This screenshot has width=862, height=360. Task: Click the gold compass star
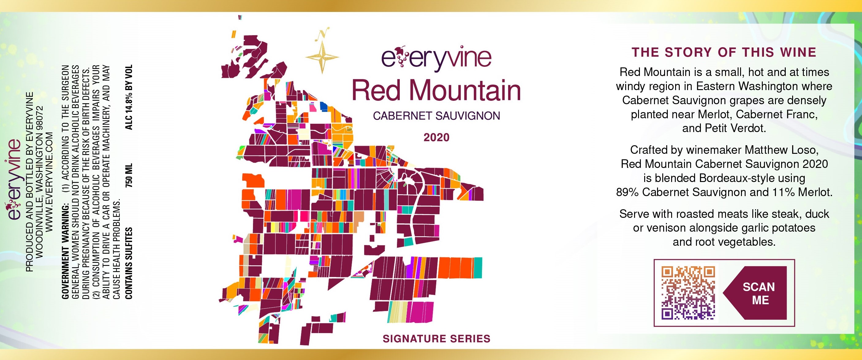[322, 57]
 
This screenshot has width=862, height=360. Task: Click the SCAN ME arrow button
[757, 293]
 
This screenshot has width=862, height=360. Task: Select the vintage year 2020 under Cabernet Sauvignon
[436, 138]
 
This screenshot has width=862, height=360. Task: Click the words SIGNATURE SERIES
[436, 339]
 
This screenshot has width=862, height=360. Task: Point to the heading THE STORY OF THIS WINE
[724, 52]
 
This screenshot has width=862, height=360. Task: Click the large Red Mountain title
[436, 90]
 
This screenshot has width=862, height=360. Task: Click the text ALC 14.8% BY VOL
[129, 97]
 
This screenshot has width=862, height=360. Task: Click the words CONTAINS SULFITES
[129, 263]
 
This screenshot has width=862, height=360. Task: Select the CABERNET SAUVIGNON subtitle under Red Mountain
[436, 116]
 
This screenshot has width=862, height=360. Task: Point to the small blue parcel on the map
[324, 106]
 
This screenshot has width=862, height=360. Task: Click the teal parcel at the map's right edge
[478, 268]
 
